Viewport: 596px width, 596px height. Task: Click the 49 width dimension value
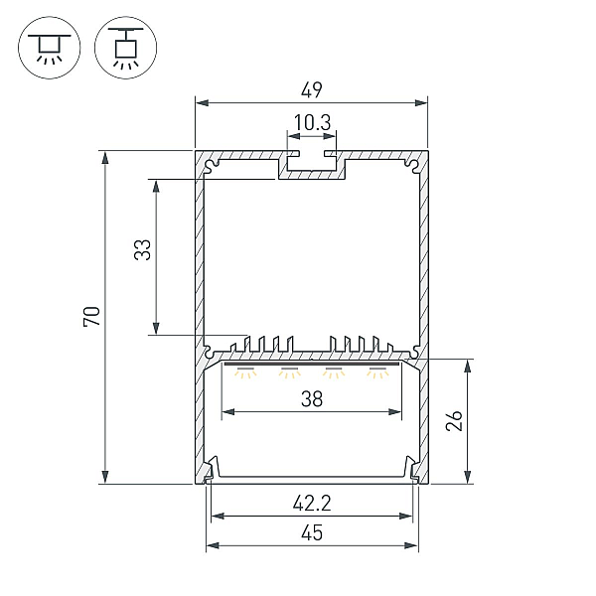311,90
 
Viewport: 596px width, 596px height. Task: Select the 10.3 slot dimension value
312,123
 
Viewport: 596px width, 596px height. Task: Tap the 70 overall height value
91,316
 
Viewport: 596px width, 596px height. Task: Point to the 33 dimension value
143,249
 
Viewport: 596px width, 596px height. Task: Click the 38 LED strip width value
312,399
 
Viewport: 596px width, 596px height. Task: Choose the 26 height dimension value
454,420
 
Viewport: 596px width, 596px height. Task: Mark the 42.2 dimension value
312,504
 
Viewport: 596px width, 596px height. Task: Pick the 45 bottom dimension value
312,532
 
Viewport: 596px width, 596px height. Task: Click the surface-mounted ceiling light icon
50,48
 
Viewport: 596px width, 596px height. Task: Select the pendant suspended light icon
125,48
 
